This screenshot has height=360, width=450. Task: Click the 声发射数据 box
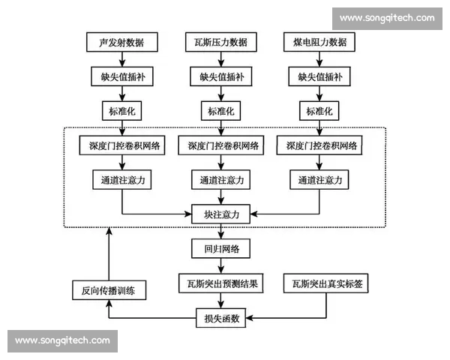pos(121,42)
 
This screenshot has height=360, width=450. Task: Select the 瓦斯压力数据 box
pos(220,42)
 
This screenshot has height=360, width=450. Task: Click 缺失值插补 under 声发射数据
pos(121,76)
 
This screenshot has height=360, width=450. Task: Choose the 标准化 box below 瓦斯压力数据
pos(220,111)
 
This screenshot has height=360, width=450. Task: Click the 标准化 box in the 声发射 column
pos(121,111)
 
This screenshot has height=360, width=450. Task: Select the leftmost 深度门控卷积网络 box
pos(121,145)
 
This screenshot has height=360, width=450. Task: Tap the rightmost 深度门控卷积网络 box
pos(319,145)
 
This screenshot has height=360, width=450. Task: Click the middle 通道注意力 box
pos(220,180)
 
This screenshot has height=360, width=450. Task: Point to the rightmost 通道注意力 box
pos(319,180)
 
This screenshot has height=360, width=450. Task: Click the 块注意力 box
pos(220,214)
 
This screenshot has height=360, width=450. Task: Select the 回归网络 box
pos(220,249)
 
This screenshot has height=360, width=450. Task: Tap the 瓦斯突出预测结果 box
pos(220,283)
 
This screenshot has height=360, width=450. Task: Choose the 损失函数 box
pos(220,318)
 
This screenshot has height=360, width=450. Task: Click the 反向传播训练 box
pos(108,289)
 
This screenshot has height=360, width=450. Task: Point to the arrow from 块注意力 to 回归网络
pos(220,232)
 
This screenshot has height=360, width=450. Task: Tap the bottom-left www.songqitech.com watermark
pos(62,340)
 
